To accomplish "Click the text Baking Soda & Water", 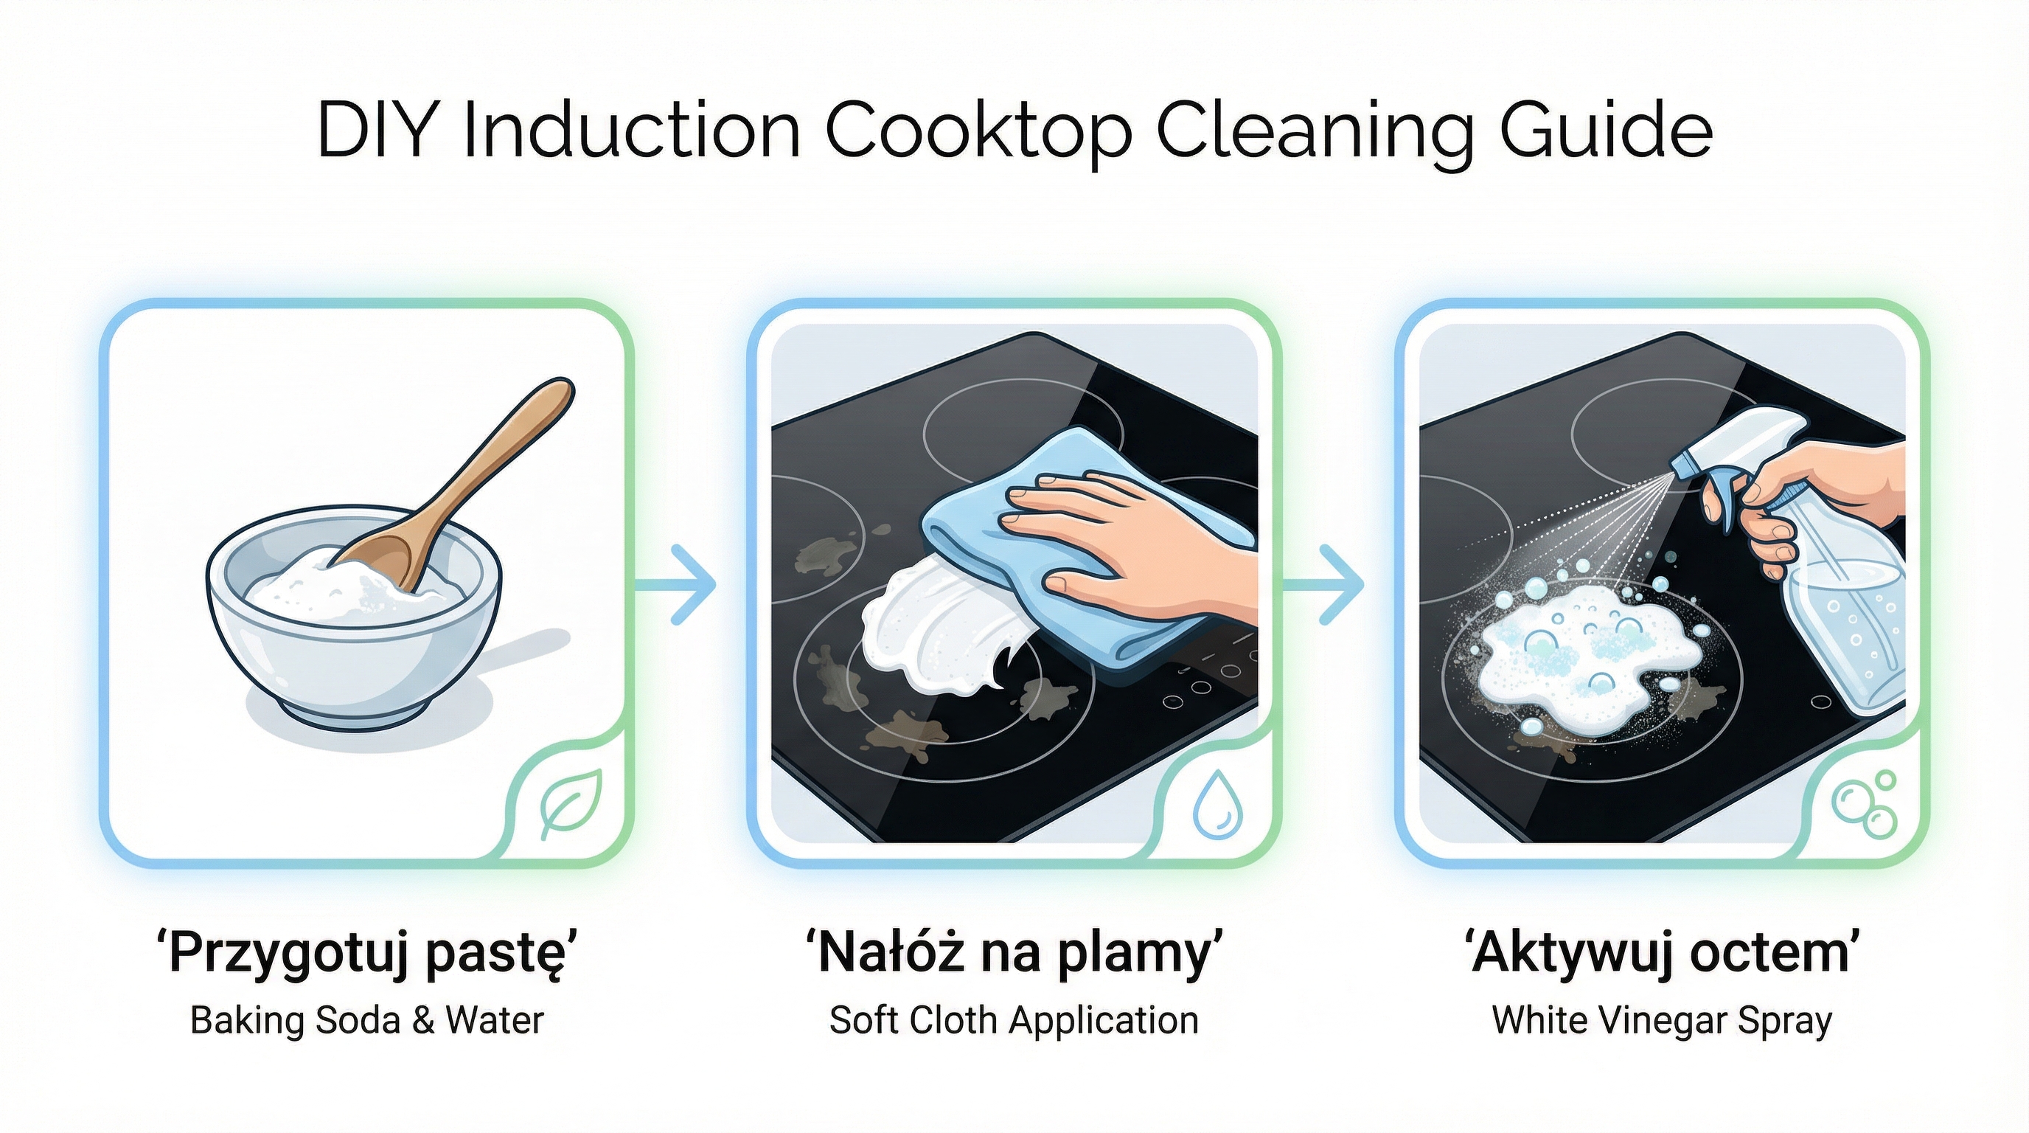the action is pos(367,1021).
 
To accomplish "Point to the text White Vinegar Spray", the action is pos(1662,1022).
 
